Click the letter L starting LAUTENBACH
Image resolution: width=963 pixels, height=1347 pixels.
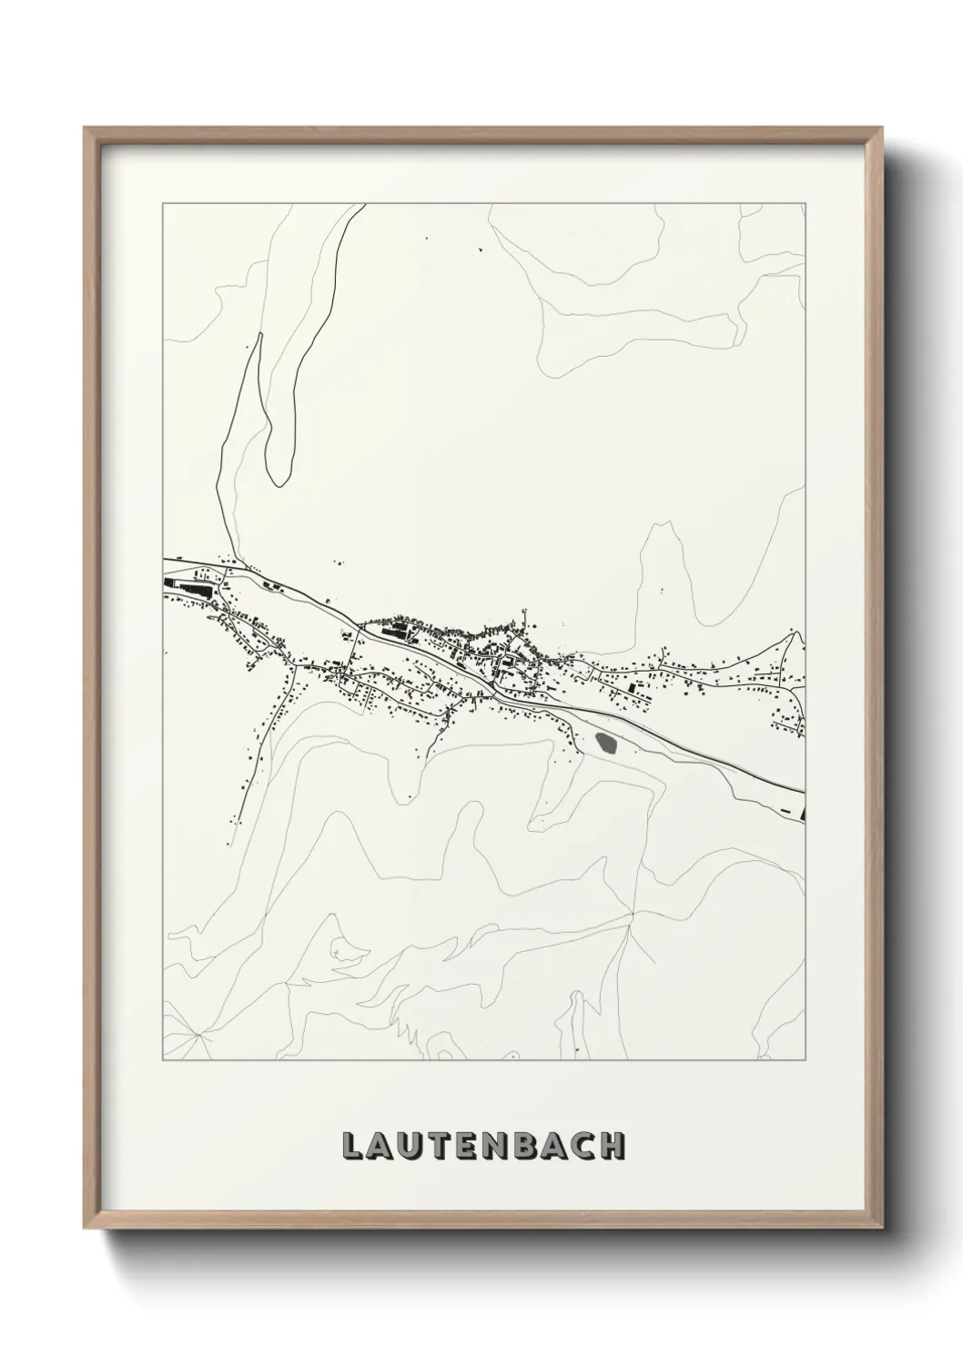pos(351,1146)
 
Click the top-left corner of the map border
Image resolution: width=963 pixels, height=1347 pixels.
pos(163,204)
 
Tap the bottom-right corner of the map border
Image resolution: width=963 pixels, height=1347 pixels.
pos(806,1060)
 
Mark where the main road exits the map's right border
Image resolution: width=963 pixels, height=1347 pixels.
pos(805,790)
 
